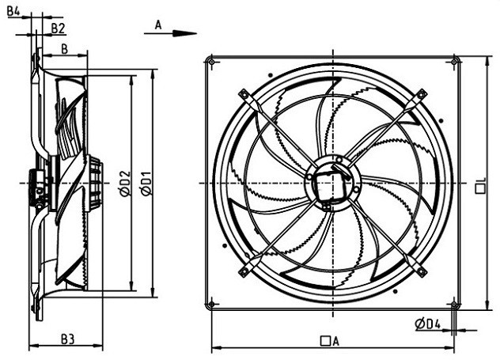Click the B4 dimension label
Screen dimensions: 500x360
coord(13,12)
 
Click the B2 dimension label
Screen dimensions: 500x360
coord(58,28)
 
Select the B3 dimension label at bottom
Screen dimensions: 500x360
coord(67,339)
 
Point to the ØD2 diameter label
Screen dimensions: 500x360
coord(125,184)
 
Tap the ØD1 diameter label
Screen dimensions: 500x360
coord(146,184)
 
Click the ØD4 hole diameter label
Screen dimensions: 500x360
coord(428,324)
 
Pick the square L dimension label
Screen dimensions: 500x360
coord(480,186)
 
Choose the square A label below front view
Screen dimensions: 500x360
coord(329,341)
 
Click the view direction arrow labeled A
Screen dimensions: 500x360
coord(170,33)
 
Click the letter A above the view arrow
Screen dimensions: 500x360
coord(158,25)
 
